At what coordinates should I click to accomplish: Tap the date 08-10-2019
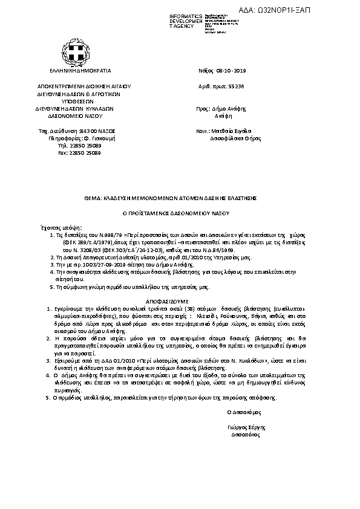[232, 70]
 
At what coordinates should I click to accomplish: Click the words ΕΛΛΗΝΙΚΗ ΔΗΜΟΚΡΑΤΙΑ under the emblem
[76, 70]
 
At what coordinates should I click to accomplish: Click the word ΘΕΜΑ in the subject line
[92, 198]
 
